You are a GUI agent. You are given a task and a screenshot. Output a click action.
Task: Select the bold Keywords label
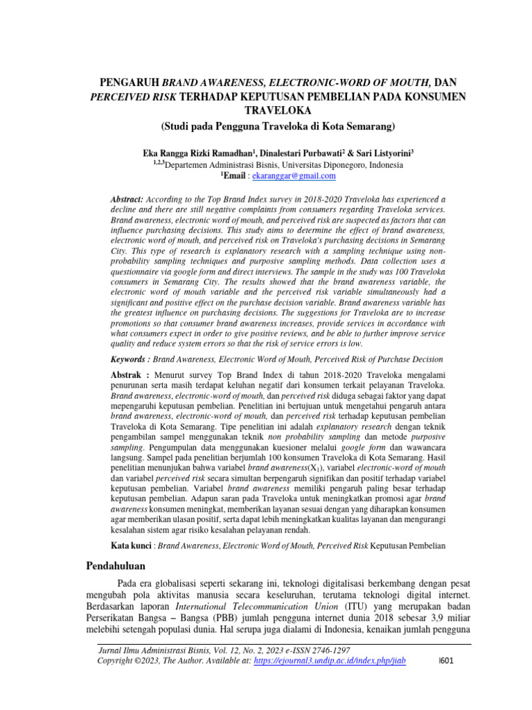[130, 360]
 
